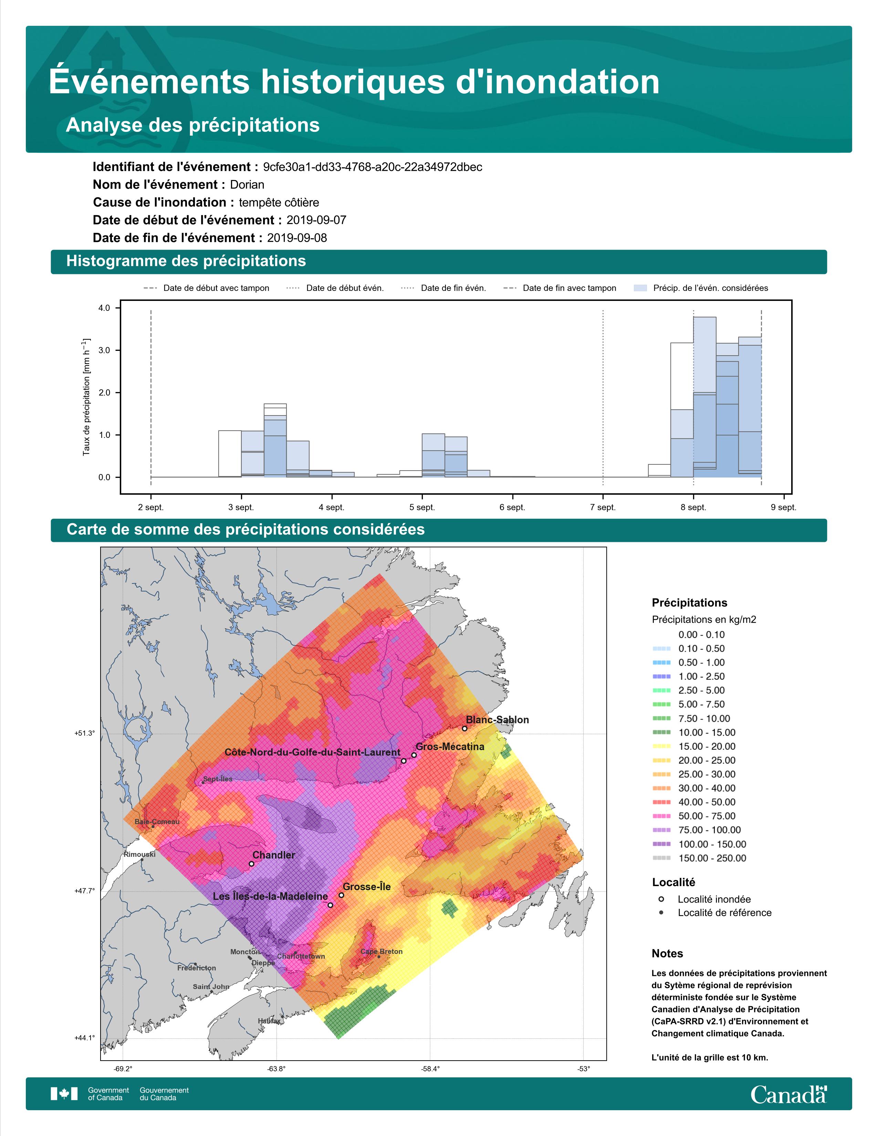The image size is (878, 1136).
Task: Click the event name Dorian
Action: click(x=247, y=185)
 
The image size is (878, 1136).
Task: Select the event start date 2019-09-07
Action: click(x=316, y=220)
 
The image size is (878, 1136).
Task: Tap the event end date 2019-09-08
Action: click(x=297, y=238)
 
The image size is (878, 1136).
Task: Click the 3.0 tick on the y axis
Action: click(x=104, y=350)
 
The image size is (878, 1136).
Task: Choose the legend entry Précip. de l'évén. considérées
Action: click(x=701, y=288)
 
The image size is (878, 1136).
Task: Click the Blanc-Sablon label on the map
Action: click(x=497, y=720)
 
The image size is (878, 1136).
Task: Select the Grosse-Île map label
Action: click(x=367, y=887)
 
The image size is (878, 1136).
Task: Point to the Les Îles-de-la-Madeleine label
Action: click(x=271, y=896)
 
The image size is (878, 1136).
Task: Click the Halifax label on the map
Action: click(x=269, y=1021)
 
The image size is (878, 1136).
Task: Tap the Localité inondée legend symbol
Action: click(x=661, y=899)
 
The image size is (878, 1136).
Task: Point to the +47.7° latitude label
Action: click(x=85, y=891)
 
